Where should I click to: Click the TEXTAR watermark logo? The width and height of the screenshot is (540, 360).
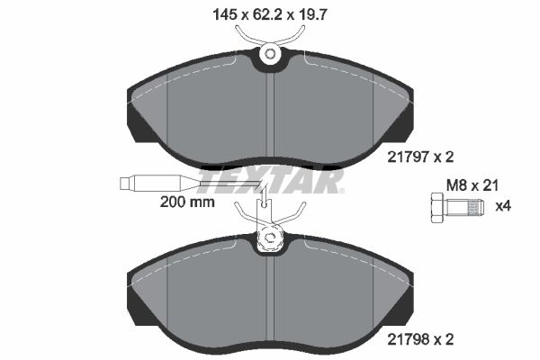coord(270,183)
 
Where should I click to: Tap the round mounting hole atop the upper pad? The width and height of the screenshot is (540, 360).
coord(269,56)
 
